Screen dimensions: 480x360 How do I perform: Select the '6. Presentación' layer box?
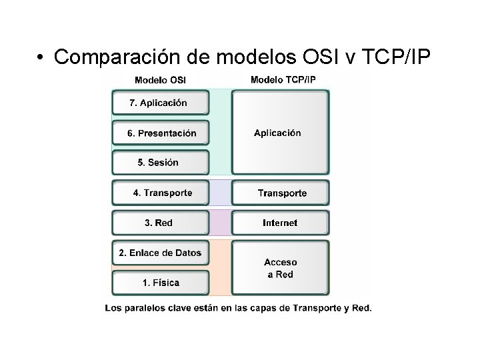coord(161,133)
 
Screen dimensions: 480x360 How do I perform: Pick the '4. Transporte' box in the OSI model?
coord(161,193)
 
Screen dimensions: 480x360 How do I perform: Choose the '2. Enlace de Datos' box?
coord(160,253)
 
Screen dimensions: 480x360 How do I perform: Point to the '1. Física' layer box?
coord(160,283)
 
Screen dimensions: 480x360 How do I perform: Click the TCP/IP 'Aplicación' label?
coord(277,133)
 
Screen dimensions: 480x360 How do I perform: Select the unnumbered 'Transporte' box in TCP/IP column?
coord(281,193)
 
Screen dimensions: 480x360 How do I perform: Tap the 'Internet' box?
coord(280,223)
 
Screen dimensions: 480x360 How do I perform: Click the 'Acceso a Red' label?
coord(280,268)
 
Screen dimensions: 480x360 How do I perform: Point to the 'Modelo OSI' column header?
coord(160,80)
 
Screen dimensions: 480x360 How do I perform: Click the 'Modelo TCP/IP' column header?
coord(283,80)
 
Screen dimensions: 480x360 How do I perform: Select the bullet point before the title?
coord(41,58)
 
